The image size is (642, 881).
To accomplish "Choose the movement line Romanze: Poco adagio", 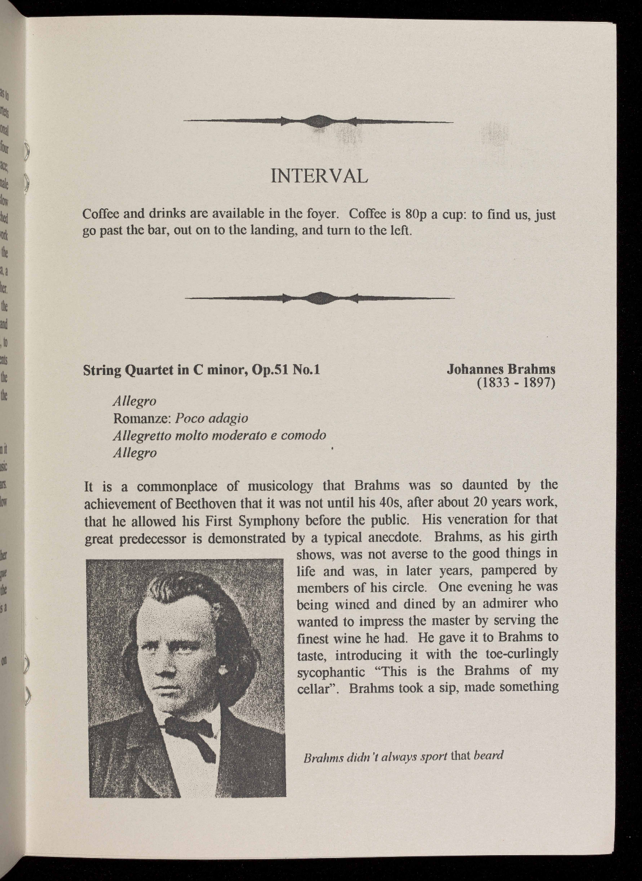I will (181, 418).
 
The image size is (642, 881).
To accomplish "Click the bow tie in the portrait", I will (190, 730).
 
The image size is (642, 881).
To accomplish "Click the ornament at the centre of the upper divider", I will (318, 120).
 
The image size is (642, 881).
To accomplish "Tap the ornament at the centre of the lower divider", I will (318, 298).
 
